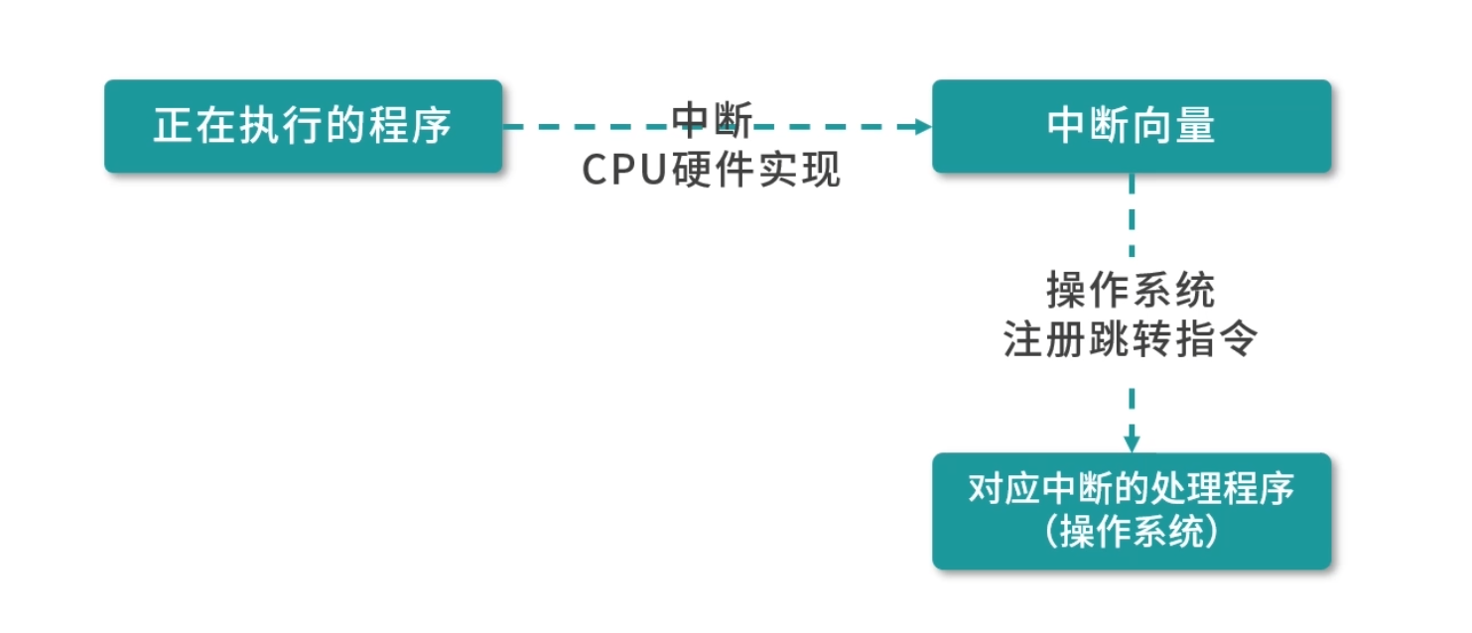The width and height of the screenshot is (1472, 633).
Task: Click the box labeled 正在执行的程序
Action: coord(303,126)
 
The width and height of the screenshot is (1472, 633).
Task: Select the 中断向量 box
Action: coord(1131,126)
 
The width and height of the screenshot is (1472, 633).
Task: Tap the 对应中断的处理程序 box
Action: coord(1131,511)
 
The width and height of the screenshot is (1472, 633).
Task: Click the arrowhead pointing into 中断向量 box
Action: coord(923,126)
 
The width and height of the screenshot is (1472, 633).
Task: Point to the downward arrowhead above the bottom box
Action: coord(1131,443)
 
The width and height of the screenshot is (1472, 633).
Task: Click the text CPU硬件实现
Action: coord(711,171)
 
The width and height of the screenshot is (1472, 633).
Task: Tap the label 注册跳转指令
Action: coord(1131,340)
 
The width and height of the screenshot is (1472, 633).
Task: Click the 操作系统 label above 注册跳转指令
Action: coord(1131,292)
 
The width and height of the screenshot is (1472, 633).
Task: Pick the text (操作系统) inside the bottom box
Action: coord(1131,534)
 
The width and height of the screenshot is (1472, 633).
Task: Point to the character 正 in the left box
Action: coord(172,126)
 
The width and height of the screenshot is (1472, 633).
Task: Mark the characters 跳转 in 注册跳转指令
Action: coord(1131,340)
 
